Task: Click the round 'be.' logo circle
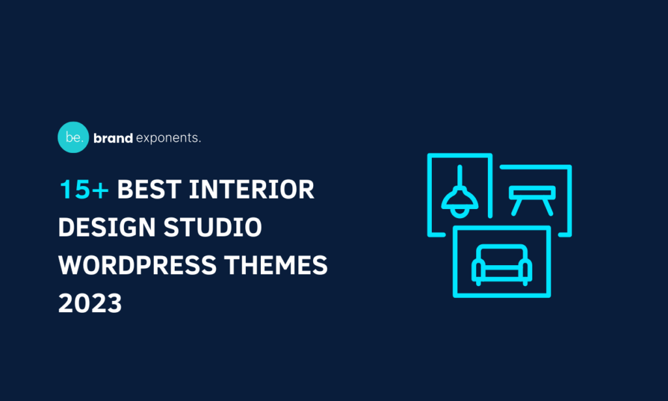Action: [x=73, y=137]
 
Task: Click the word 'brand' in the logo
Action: [x=113, y=138]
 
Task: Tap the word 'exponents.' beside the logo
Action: [x=168, y=138]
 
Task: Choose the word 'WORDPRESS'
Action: [x=138, y=266]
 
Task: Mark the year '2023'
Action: [x=90, y=304]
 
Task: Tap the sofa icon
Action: [x=502, y=265]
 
